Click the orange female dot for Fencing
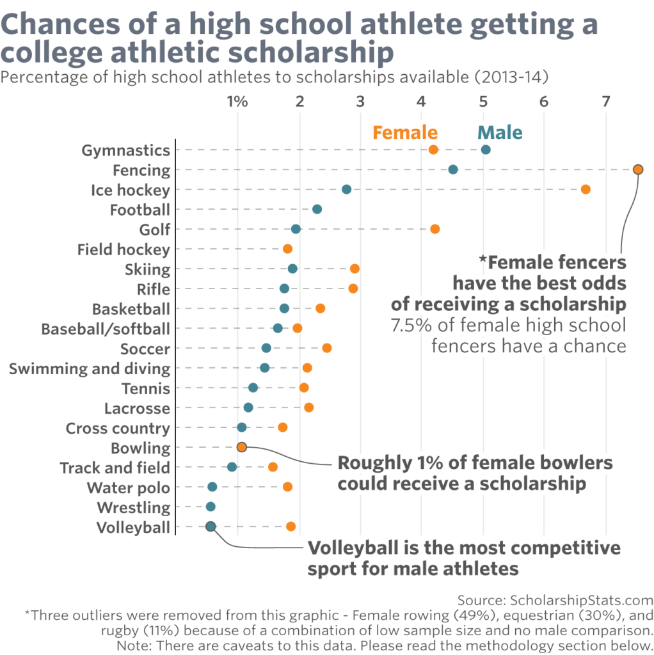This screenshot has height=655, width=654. coord(637,170)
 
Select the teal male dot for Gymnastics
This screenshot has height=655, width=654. coord(486,150)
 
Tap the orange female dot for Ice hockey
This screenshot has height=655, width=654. coord(585,189)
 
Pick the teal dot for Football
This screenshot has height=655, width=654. coord(317,209)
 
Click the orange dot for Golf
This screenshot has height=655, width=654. coord(435,229)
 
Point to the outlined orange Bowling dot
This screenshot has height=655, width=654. coord(241,447)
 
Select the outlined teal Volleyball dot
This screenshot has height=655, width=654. coord(211,526)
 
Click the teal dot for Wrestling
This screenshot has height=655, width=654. coord(211,507)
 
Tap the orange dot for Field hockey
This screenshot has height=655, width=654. coord(287,249)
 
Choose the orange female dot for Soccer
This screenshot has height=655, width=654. coord(327,348)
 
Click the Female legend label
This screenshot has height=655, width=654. coord(405,132)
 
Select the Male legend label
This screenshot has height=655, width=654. coord(500,132)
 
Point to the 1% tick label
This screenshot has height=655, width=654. coord(237,101)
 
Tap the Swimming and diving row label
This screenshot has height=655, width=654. coord(90,368)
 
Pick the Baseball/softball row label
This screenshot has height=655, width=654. coord(106,329)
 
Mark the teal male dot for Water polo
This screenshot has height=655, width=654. coord(212,487)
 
